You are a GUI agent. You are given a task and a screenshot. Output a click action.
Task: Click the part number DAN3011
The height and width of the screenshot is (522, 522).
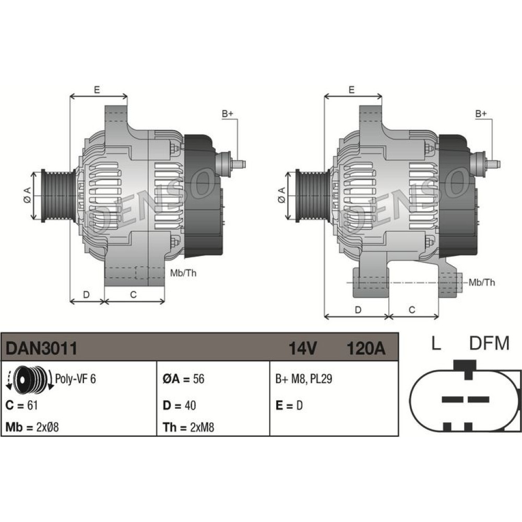[x=41, y=348]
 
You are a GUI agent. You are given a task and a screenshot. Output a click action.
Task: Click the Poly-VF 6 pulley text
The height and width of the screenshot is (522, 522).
[x=75, y=379]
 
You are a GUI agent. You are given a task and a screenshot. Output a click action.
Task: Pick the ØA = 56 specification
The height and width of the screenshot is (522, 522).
[x=183, y=379]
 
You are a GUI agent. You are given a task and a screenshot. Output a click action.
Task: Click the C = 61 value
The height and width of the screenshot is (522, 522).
[x=21, y=405]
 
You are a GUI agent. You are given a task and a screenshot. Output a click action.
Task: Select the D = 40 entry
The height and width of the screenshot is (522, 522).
[x=179, y=405]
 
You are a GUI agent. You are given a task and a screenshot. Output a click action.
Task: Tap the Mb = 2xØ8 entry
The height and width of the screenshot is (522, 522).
[x=32, y=427]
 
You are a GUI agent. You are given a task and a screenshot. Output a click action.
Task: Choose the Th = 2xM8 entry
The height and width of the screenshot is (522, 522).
[x=188, y=427]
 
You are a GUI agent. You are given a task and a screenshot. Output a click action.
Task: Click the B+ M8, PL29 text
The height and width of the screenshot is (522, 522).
[x=304, y=379]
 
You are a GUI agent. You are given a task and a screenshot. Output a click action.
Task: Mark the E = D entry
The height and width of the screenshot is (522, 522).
[x=289, y=405]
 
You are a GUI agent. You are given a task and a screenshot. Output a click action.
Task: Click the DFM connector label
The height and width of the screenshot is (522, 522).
[x=489, y=343]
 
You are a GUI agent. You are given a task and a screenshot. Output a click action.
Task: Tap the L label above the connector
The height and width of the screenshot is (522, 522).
[x=436, y=343]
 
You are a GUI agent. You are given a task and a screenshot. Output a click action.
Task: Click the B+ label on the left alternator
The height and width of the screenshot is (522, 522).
[x=228, y=114]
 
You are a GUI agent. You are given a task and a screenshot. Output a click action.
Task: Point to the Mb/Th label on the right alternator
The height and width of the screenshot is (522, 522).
[x=482, y=282]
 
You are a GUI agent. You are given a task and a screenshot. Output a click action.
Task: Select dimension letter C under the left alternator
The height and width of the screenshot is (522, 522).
[x=133, y=294]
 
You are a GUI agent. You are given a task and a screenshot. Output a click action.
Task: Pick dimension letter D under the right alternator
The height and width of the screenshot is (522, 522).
[x=358, y=310]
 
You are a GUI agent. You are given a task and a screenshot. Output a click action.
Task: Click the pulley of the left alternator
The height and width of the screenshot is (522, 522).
[x=58, y=196]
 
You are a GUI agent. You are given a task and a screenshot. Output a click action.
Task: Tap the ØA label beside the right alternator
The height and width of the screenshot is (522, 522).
[x=281, y=195]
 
